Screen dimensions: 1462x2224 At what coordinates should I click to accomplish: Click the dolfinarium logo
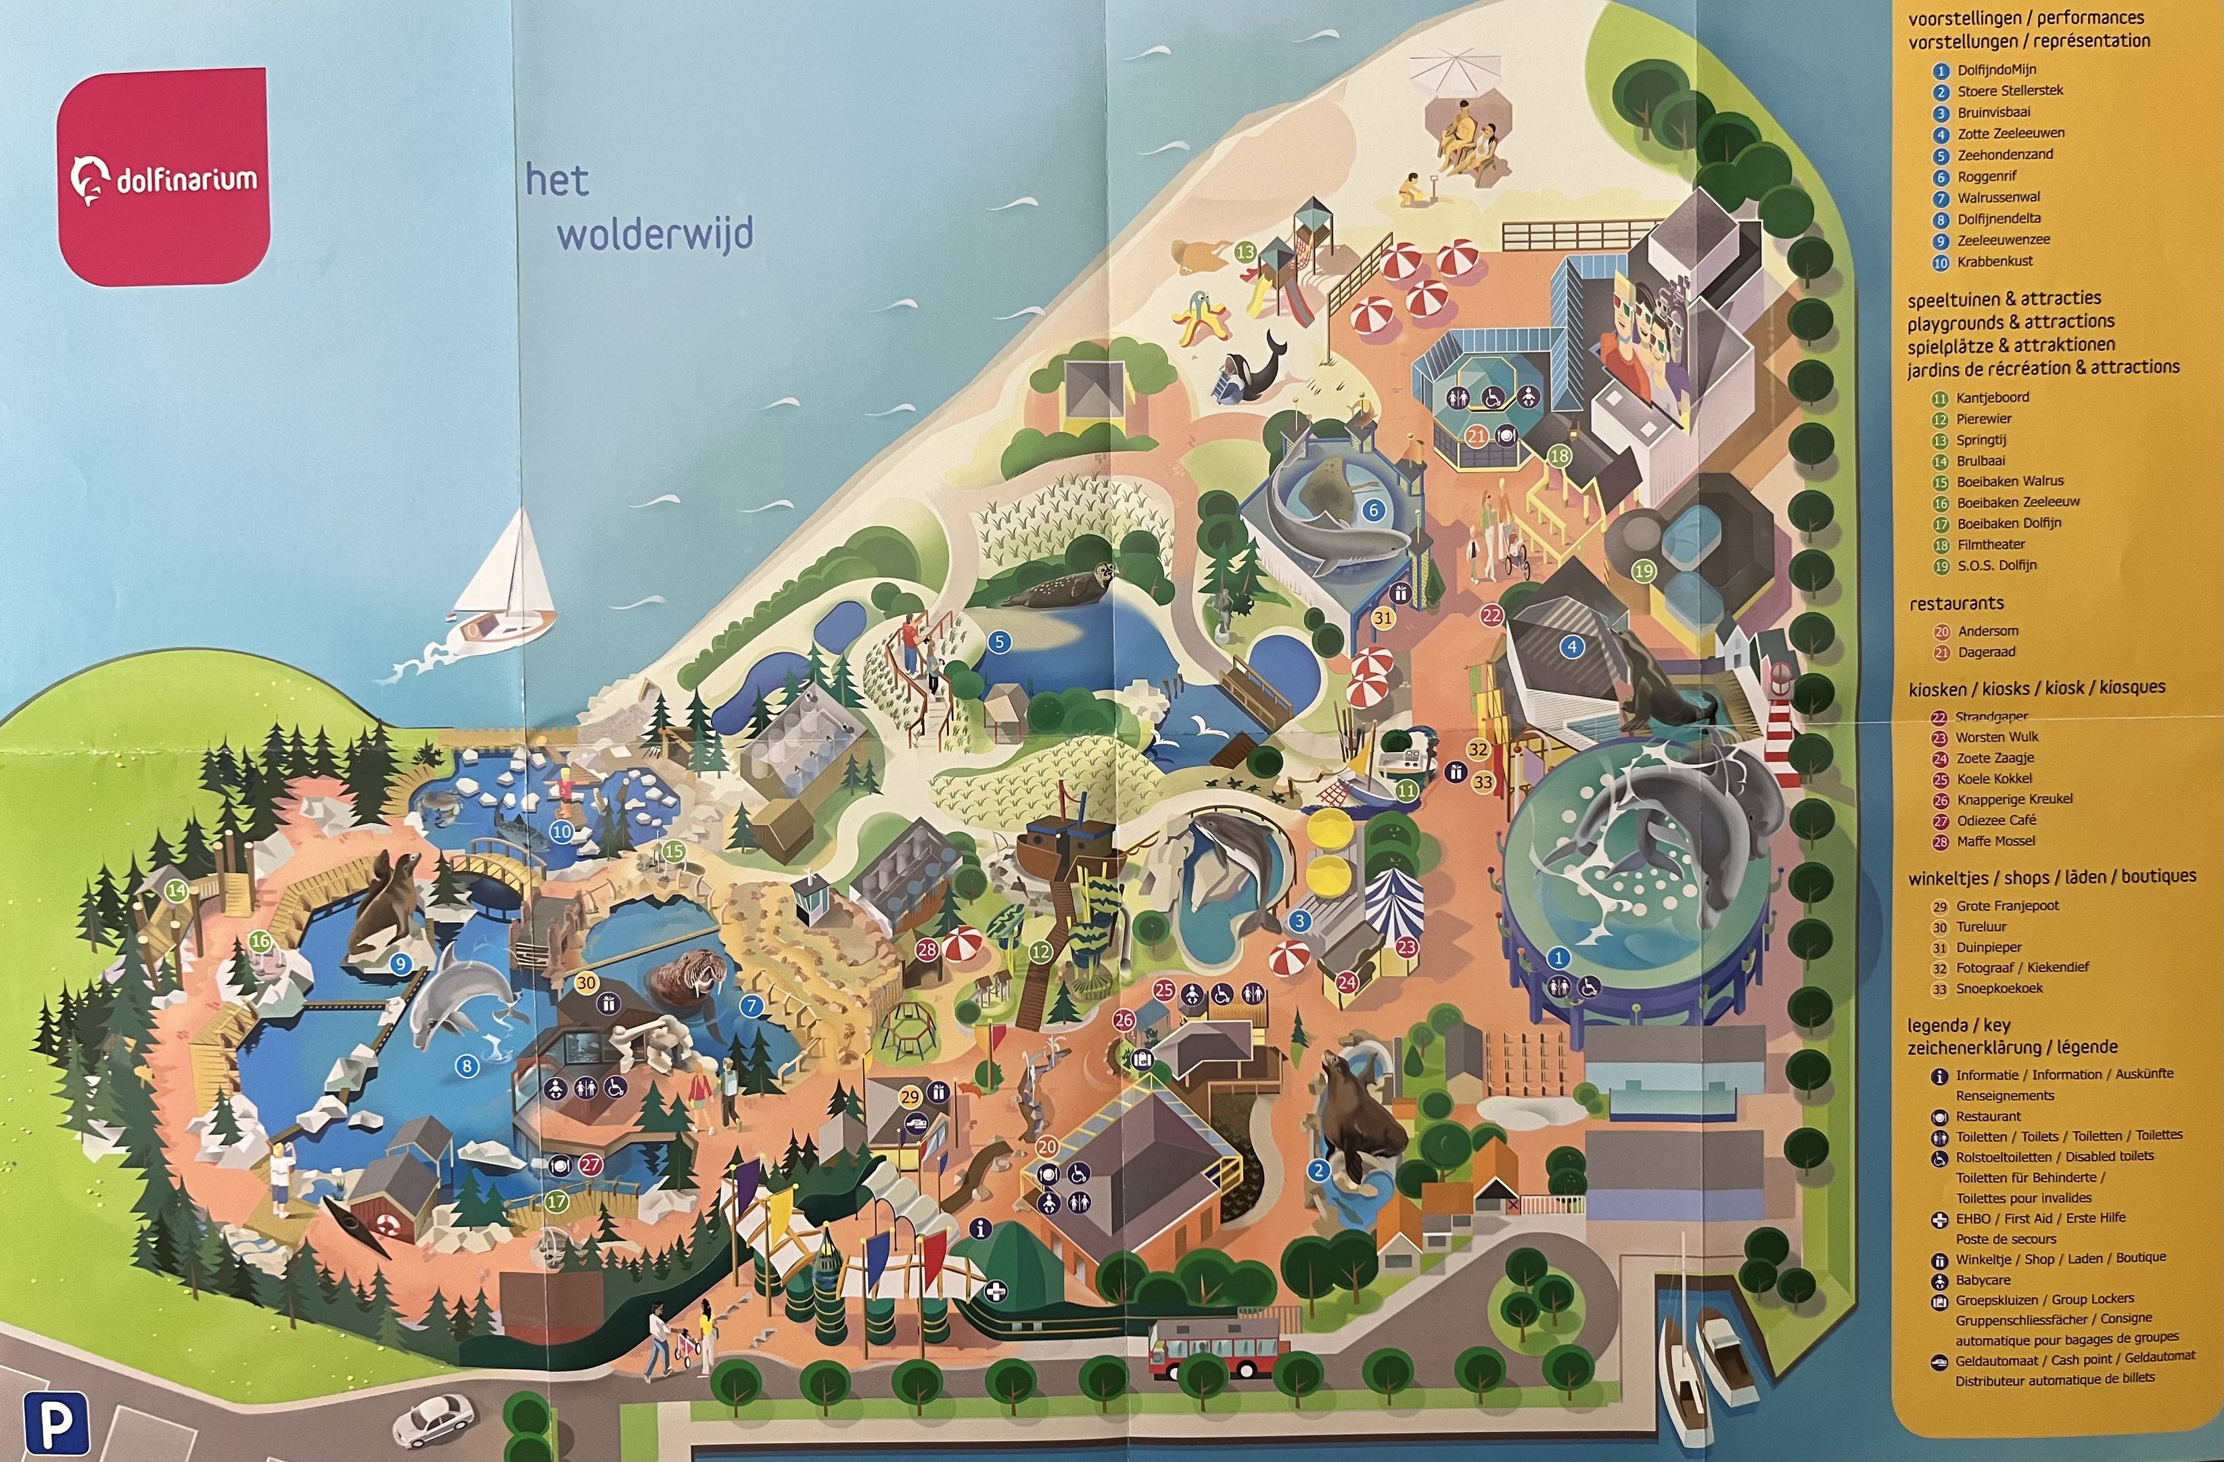tap(164, 177)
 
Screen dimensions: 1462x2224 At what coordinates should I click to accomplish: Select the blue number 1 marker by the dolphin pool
tap(1558, 957)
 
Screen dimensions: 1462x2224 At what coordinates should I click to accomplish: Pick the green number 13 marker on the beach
tap(1245, 252)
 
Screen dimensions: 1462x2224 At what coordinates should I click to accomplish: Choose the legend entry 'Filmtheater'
tap(1991, 544)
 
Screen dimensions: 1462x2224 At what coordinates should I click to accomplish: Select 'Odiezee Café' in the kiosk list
tap(1996, 820)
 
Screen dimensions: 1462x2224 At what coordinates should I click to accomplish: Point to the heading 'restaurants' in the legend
tap(1956, 604)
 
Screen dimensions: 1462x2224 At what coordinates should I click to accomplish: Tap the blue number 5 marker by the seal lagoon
tap(999, 642)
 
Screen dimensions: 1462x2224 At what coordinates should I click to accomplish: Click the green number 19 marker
tap(1643, 570)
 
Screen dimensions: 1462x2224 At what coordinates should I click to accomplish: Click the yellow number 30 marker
tap(586, 983)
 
